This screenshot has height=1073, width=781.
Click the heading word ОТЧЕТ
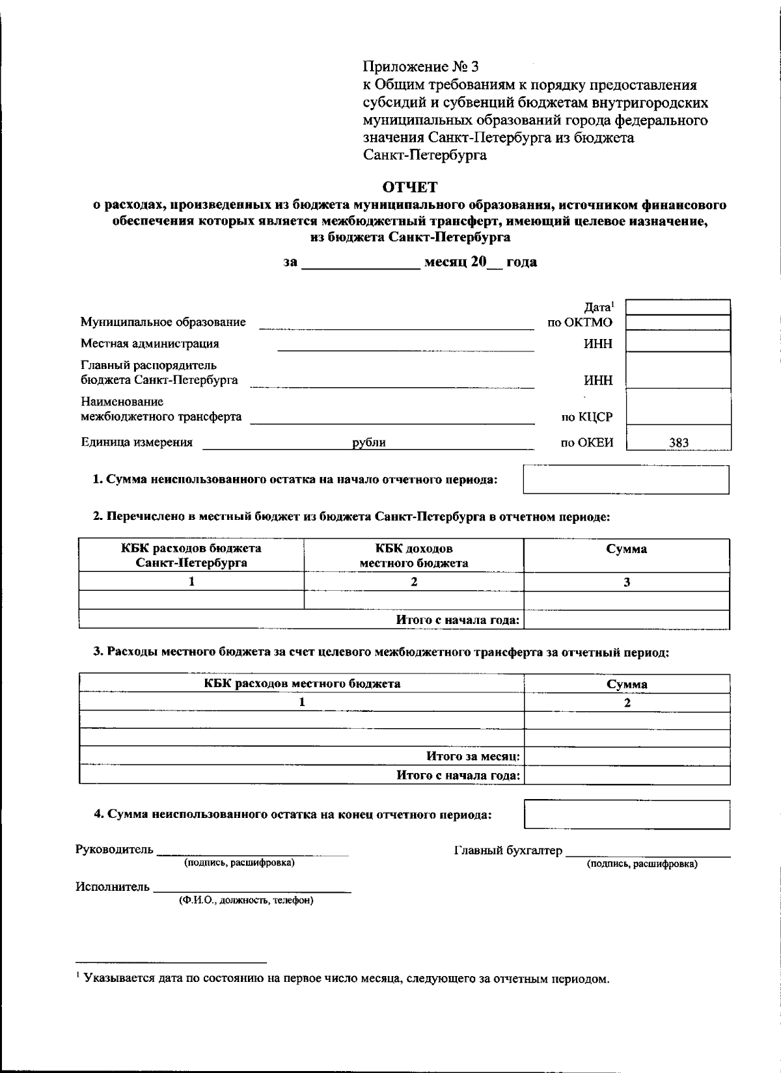click(409, 187)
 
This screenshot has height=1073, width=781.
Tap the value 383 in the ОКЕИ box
click(678, 442)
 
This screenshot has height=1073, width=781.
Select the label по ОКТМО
click(580, 322)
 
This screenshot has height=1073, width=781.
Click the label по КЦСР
click(586, 417)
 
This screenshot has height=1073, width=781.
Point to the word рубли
click(369, 442)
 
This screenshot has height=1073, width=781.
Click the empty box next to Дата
click(678, 307)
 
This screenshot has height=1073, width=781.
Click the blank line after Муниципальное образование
click(396, 324)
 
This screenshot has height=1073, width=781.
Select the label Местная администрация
click(150, 344)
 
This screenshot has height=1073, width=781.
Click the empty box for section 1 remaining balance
click(625, 480)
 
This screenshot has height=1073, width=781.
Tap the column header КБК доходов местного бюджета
click(414, 556)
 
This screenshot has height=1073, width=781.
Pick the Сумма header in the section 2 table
click(626, 549)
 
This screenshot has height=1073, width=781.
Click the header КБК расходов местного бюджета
click(302, 683)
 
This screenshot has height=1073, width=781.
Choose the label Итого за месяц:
click(473, 756)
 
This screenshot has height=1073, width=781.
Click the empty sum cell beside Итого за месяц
click(626, 756)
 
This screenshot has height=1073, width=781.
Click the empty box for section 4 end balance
click(626, 814)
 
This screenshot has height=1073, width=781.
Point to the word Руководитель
click(115, 849)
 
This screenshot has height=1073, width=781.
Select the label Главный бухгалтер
click(508, 850)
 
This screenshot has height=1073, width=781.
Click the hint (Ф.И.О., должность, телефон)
click(246, 901)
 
